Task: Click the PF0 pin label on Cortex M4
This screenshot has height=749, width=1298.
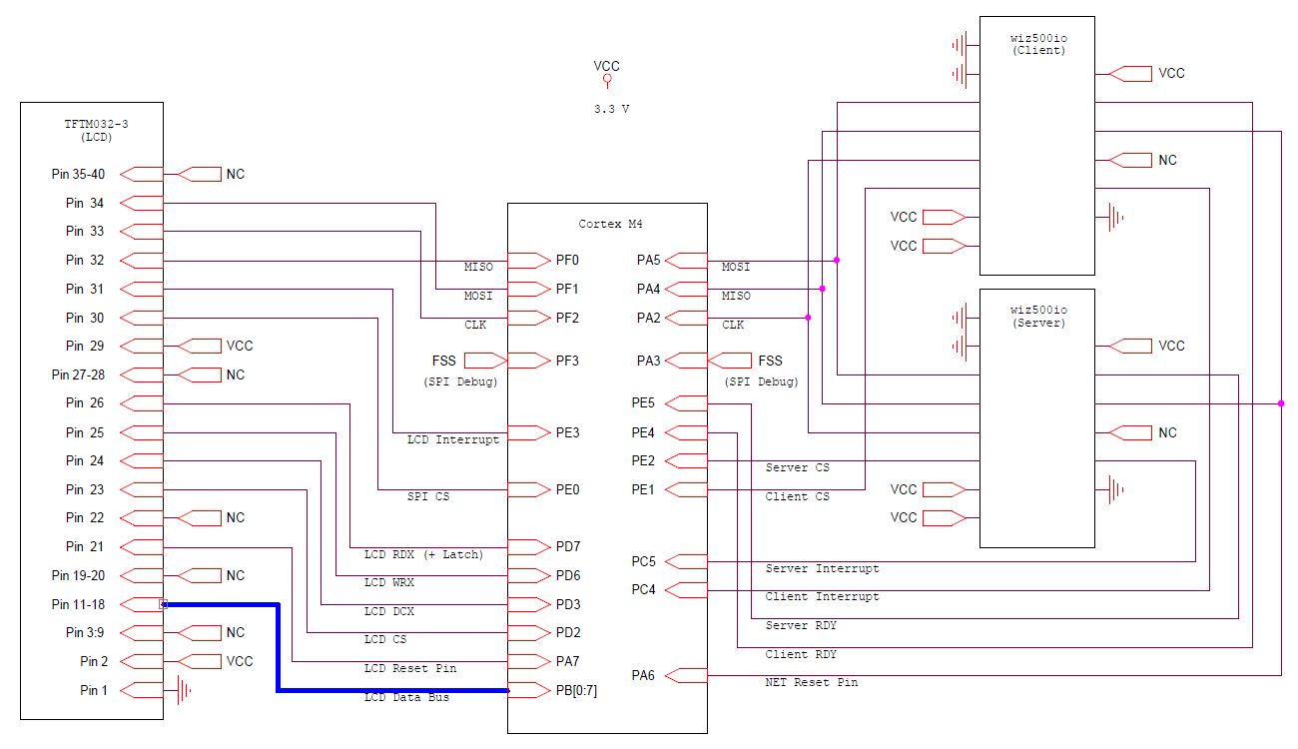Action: pyautogui.click(x=567, y=261)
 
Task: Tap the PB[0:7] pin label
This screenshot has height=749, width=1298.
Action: pyautogui.click(x=576, y=690)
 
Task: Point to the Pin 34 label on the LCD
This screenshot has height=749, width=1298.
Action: pyautogui.click(x=85, y=204)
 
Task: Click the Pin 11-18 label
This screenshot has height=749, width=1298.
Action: pyautogui.click(x=78, y=605)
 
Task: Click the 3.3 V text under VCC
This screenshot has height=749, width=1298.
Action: pyautogui.click(x=611, y=109)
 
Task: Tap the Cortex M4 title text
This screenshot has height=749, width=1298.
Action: pyautogui.click(x=608, y=224)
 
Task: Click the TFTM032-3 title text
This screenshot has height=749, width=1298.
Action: pyautogui.click(x=96, y=124)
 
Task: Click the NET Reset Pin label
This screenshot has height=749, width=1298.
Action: pyautogui.click(x=811, y=682)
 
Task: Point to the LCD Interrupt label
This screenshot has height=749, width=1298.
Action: pyautogui.click(x=452, y=439)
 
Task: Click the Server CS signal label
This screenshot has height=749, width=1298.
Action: pyautogui.click(x=797, y=467)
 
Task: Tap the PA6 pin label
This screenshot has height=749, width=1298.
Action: pyautogui.click(x=643, y=676)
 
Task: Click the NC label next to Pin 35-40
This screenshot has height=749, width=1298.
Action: pyautogui.click(x=235, y=175)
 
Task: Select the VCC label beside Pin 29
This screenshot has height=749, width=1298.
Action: pyautogui.click(x=240, y=347)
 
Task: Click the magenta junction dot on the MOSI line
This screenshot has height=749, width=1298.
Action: pyautogui.click(x=836, y=261)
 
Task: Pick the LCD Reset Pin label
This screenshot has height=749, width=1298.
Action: pyautogui.click(x=409, y=668)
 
